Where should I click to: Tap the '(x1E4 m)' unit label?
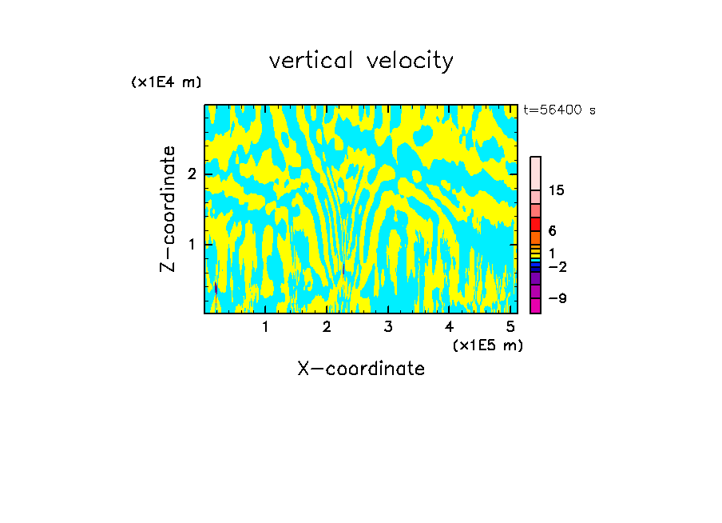tap(166, 82)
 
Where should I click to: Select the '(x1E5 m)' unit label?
tap(487, 345)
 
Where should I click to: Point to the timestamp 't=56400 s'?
tap(559, 110)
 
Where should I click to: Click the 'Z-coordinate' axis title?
tap(168, 209)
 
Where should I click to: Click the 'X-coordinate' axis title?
tap(361, 369)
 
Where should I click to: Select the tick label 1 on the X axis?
tap(265, 326)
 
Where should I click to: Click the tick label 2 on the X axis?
tap(327, 326)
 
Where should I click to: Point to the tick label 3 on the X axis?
tap(388, 326)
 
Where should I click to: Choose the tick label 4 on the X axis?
tap(450, 326)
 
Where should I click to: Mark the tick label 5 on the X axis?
tap(510, 326)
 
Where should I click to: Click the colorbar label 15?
tap(557, 190)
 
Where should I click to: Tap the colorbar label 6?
tap(552, 231)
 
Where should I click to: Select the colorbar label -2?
tap(557, 267)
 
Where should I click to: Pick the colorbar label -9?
tap(557, 298)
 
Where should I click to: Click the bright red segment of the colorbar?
tap(535, 224)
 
